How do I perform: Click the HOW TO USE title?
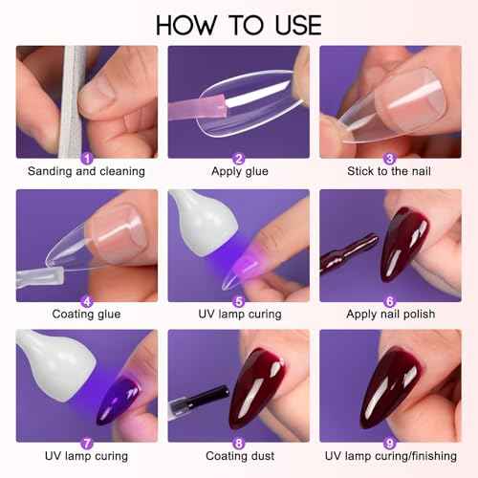click(238, 23)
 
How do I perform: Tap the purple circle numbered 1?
click(87, 158)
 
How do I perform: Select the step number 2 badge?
click(238, 158)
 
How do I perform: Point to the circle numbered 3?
click(389, 158)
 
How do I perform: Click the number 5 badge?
click(238, 300)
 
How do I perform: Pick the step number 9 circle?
click(389, 443)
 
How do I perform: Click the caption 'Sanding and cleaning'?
click(87, 172)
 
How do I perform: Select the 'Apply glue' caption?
click(238, 172)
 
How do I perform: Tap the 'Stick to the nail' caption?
click(389, 172)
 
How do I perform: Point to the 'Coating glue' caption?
click(87, 315)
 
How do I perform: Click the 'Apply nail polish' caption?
click(389, 315)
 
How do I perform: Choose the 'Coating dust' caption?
click(238, 457)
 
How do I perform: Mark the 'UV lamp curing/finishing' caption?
click(389, 457)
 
